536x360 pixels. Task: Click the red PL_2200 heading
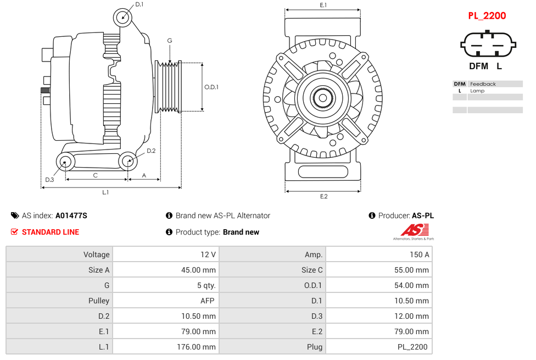point(487,16)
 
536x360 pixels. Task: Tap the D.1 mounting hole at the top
point(123,17)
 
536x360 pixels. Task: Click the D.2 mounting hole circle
point(128,161)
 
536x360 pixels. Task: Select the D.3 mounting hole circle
point(66,162)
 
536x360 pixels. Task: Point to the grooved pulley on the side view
point(169,87)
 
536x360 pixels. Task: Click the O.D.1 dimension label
point(211,87)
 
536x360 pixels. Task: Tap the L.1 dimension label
point(105,192)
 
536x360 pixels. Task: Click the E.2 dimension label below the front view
point(323,196)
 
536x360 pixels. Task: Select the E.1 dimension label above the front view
point(323,5)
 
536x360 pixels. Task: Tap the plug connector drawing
point(488,45)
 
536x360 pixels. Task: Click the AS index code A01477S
point(71,215)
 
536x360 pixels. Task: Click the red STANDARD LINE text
point(50,232)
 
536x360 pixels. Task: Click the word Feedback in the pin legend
point(483,84)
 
